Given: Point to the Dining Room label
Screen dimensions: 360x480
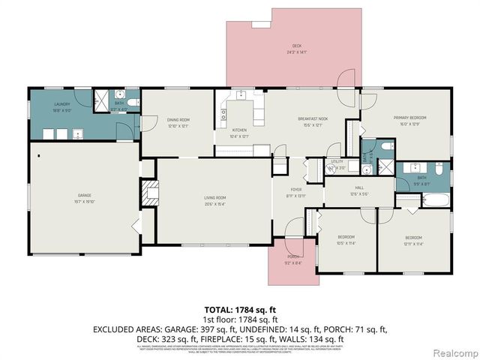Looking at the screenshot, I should [x=178, y=122].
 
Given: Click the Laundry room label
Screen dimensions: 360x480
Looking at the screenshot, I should [x=62, y=106].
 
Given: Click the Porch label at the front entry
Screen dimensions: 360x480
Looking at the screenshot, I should [x=292, y=261].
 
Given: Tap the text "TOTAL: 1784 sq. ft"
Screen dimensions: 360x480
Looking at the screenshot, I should [x=241, y=309].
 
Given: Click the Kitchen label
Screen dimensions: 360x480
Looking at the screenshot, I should [x=239, y=134].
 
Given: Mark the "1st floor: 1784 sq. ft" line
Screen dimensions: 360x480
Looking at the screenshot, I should [x=241, y=319].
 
